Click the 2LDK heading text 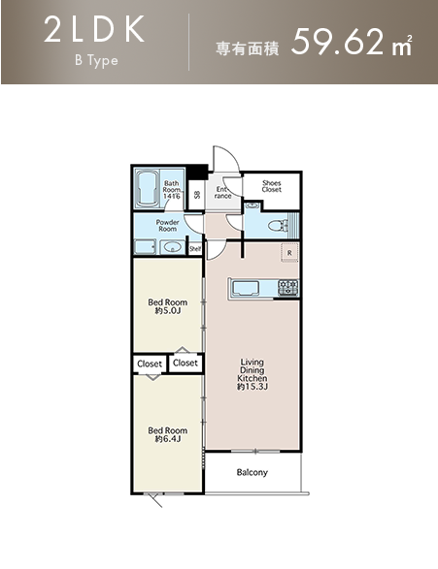tap(94, 30)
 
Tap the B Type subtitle tap(96, 61)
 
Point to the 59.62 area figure tap(337, 42)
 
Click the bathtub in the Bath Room tap(148, 189)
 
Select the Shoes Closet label tap(272, 186)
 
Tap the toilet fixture tap(277, 226)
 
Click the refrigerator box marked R tap(289, 253)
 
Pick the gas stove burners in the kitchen tap(288, 287)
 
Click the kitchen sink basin tap(246, 288)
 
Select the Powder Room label tap(168, 225)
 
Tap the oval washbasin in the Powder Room tap(172, 247)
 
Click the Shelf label tap(195, 249)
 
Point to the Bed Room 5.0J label tap(168, 306)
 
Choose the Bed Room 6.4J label tap(168, 434)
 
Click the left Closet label tap(150, 364)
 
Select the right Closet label tap(185, 363)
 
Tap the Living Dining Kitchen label tap(253, 374)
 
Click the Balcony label tap(252, 472)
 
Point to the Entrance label tap(222, 193)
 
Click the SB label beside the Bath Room tap(197, 195)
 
